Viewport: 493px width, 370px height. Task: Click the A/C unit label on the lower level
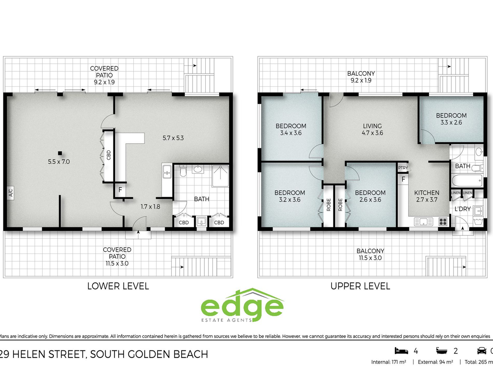point(11,193)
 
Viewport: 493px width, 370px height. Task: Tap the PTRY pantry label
point(403,168)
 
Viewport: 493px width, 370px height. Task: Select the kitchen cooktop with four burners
point(443,221)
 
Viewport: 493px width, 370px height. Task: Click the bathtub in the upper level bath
point(467,180)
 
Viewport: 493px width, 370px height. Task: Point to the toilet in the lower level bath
point(183,170)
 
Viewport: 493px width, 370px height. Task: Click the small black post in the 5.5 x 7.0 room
point(60,153)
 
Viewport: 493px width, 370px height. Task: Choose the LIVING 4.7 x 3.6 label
point(372,130)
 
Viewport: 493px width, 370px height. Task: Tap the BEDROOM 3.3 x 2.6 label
point(451,119)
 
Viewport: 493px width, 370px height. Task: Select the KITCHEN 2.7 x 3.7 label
point(427,196)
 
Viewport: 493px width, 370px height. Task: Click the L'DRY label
point(462,209)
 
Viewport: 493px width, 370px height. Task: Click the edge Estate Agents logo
point(242,305)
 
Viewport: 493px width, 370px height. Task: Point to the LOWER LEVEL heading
point(118,286)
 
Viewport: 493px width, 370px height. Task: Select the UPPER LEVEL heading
point(360,286)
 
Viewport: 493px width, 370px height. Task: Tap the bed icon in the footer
point(401,351)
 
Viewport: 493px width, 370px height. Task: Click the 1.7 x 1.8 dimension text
point(150,207)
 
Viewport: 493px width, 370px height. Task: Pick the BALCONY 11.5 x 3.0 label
point(370,254)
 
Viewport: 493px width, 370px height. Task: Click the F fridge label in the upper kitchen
point(403,179)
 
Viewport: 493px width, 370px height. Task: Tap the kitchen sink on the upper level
point(423,222)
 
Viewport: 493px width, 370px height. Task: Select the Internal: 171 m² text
point(388,362)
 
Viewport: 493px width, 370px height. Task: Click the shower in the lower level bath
point(220,176)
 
